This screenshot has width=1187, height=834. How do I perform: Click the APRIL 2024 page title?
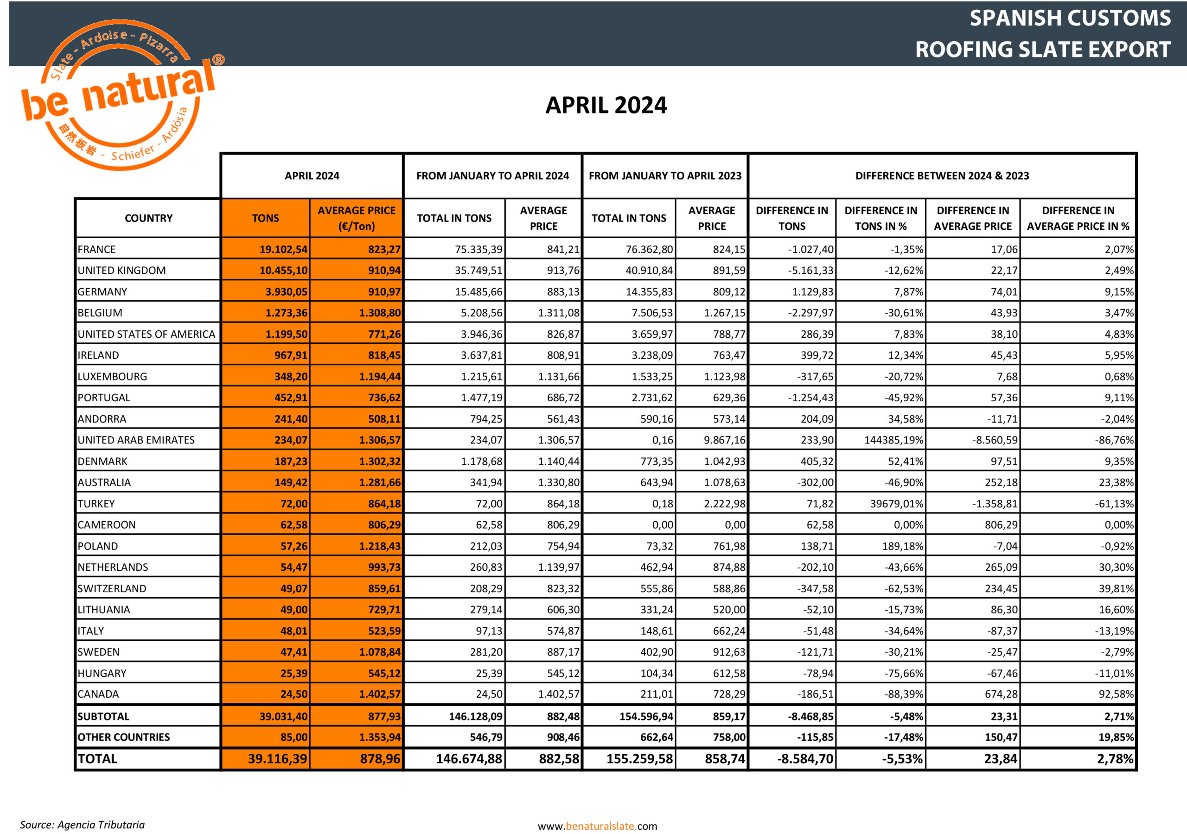(x=606, y=106)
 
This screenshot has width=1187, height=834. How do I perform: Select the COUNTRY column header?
(x=148, y=218)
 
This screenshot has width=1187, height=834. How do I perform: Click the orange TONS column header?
(x=265, y=218)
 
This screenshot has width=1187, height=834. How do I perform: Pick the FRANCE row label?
(x=97, y=249)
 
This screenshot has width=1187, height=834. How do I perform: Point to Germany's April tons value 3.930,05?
(x=286, y=291)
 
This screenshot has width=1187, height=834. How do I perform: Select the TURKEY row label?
(x=96, y=503)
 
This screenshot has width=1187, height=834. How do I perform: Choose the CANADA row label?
(x=98, y=694)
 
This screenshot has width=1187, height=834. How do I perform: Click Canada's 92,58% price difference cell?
(x=1116, y=694)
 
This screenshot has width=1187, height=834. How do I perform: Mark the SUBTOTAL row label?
(x=103, y=716)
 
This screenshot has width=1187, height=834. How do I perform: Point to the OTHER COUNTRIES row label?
(x=123, y=737)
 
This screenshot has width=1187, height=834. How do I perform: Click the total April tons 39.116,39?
(x=277, y=758)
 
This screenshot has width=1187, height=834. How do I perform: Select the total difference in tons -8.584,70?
(x=805, y=758)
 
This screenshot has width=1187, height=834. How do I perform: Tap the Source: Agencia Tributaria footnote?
(x=82, y=824)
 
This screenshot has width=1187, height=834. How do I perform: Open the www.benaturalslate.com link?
(x=597, y=826)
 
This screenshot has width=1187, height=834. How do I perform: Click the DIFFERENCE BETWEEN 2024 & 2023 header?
(x=942, y=176)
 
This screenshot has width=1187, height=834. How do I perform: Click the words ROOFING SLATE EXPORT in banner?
(x=1042, y=50)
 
